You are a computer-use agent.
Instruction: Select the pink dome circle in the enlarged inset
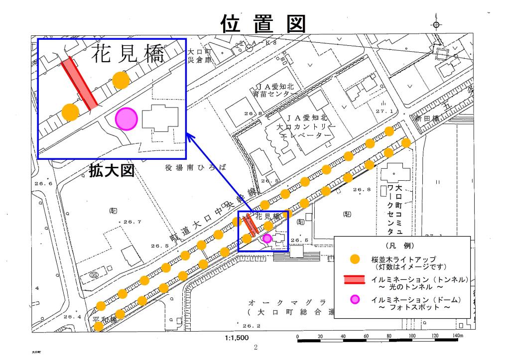pos(126,119)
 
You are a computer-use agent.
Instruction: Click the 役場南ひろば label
pos(195,168)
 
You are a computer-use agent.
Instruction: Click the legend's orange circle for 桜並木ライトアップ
pos(355,259)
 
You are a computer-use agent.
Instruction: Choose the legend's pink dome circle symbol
pos(354,299)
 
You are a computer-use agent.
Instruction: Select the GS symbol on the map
pos(93,275)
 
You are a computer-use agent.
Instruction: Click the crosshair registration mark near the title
pos(436,24)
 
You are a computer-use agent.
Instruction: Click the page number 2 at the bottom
pos(255,348)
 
